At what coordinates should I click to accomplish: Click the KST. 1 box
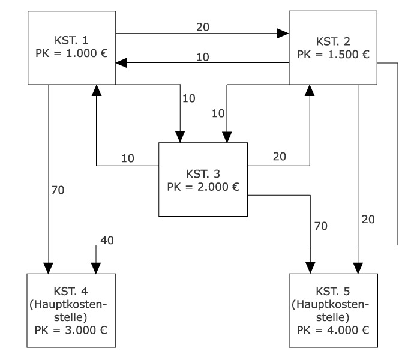tap(72, 48)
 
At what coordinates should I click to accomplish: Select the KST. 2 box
tap(334, 48)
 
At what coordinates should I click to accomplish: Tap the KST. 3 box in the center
tap(203, 179)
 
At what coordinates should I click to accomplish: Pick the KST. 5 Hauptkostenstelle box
tap(334, 310)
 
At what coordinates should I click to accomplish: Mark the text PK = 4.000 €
tap(334, 329)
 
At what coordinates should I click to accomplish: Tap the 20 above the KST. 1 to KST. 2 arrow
tap(203, 26)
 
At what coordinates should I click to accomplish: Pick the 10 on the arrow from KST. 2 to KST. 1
tap(203, 56)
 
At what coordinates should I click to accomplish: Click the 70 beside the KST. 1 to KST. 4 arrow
tap(57, 191)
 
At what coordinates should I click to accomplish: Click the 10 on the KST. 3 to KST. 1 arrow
tap(127, 158)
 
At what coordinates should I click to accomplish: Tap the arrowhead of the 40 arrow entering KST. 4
tap(95, 268)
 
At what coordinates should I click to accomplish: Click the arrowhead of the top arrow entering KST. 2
tap(283, 34)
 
